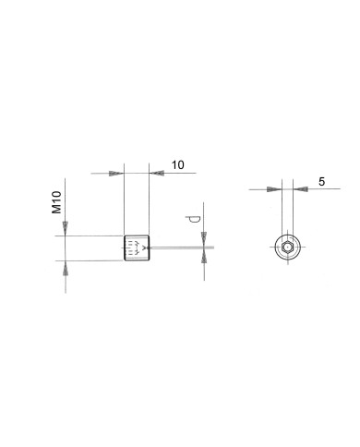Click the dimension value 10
[178, 165]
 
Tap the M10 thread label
[56, 202]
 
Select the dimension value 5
[321, 182]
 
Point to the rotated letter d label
[193, 219]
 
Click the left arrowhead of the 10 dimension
[116, 174]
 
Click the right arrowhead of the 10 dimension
[156, 173]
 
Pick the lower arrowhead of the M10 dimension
[66, 268]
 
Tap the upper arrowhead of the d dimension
[204, 239]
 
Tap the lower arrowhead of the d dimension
[204, 256]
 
